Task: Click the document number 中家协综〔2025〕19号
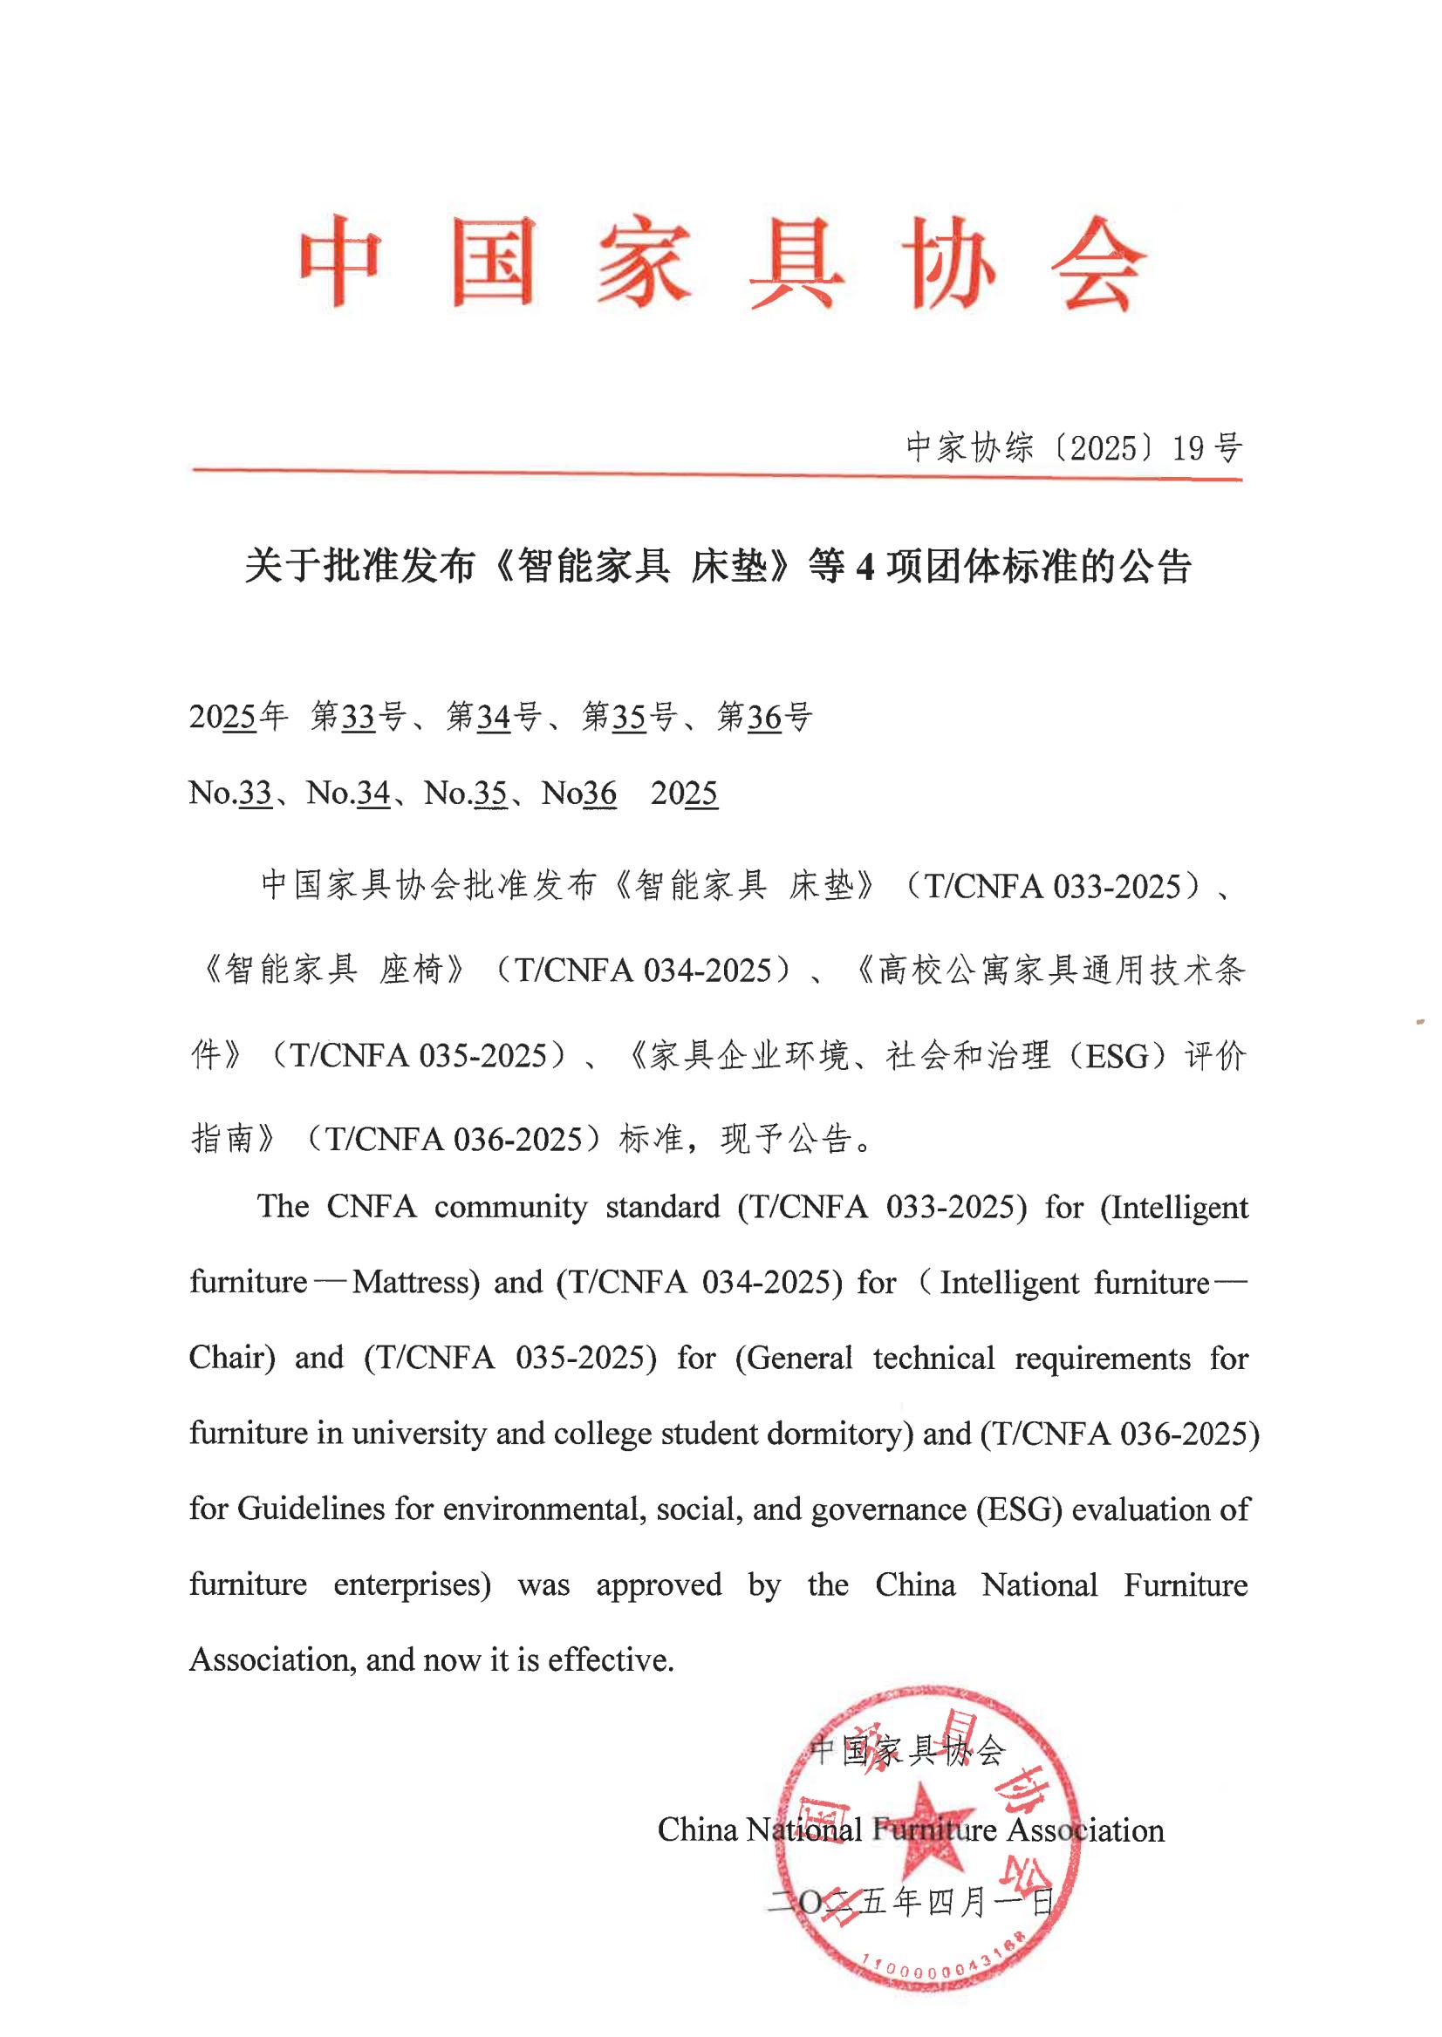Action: [1074, 448]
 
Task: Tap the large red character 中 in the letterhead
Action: [341, 262]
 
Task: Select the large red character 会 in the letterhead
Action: [1097, 263]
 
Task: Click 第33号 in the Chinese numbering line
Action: [359, 716]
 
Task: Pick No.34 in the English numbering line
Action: [348, 793]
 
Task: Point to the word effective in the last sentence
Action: [609, 1659]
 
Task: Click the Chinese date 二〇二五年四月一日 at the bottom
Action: [911, 1902]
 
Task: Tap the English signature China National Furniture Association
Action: [910, 1829]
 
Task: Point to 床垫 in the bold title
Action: [729, 566]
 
